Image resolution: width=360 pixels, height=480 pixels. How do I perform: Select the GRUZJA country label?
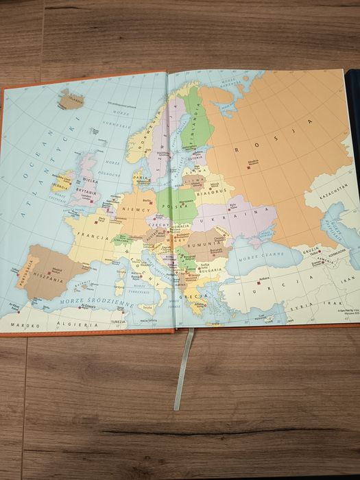point(310,252)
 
